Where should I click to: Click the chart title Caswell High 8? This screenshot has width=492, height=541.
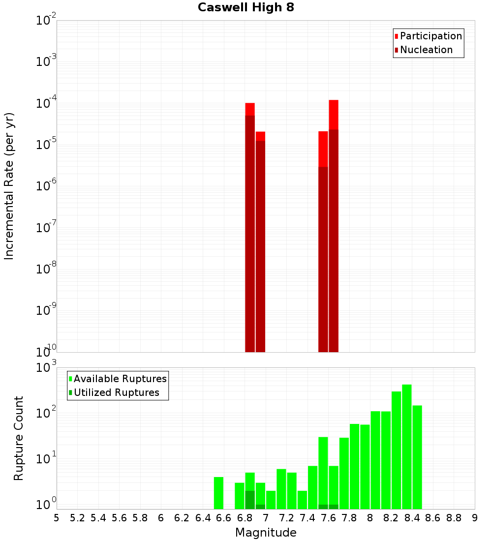click(x=246, y=8)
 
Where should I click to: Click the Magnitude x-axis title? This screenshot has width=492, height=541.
click(x=266, y=533)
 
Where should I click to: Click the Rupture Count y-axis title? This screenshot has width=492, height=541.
click(x=19, y=438)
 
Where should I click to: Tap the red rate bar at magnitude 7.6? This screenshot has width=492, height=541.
click(x=334, y=226)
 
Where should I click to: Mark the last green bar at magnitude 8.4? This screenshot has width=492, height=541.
click(x=417, y=457)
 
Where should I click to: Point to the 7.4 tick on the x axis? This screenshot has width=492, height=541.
click(x=307, y=517)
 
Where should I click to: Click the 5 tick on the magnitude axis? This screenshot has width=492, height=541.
click(x=57, y=517)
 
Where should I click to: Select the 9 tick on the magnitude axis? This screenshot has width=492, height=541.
click(x=475, y=517)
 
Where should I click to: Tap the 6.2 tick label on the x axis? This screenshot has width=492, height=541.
click(x=182, y=517)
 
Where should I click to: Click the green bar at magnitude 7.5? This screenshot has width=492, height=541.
click(x=323, y=473)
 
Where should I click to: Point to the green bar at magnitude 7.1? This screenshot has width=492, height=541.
click(x=281, y=489)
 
